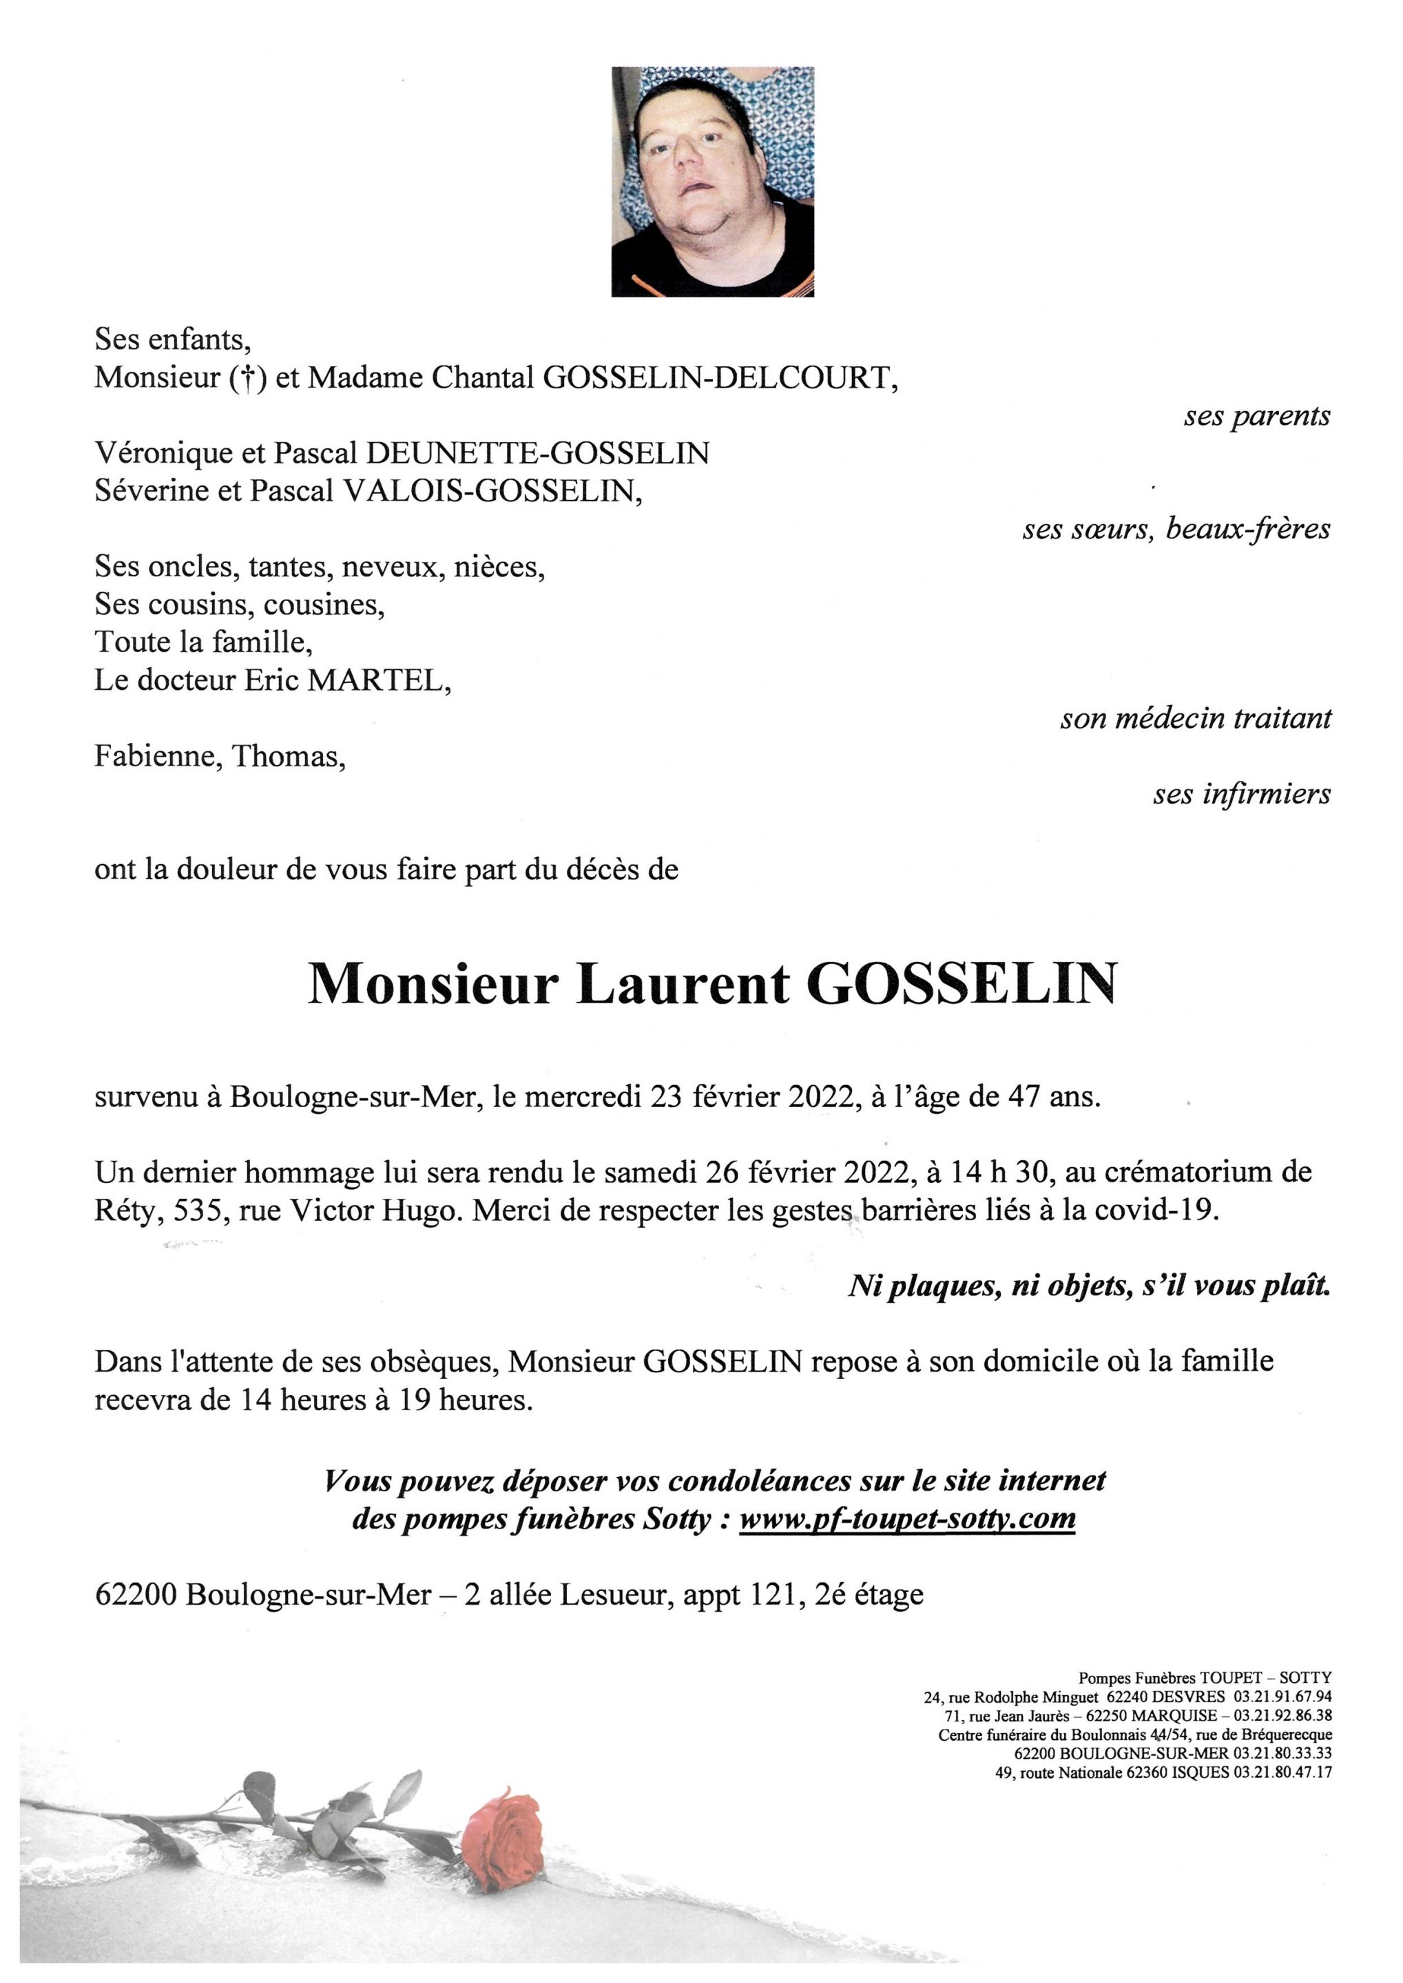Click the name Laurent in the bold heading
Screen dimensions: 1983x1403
(683, 984)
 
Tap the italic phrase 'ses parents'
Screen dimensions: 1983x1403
(1256, 417)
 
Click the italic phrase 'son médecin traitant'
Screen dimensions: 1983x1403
(1196, 717)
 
